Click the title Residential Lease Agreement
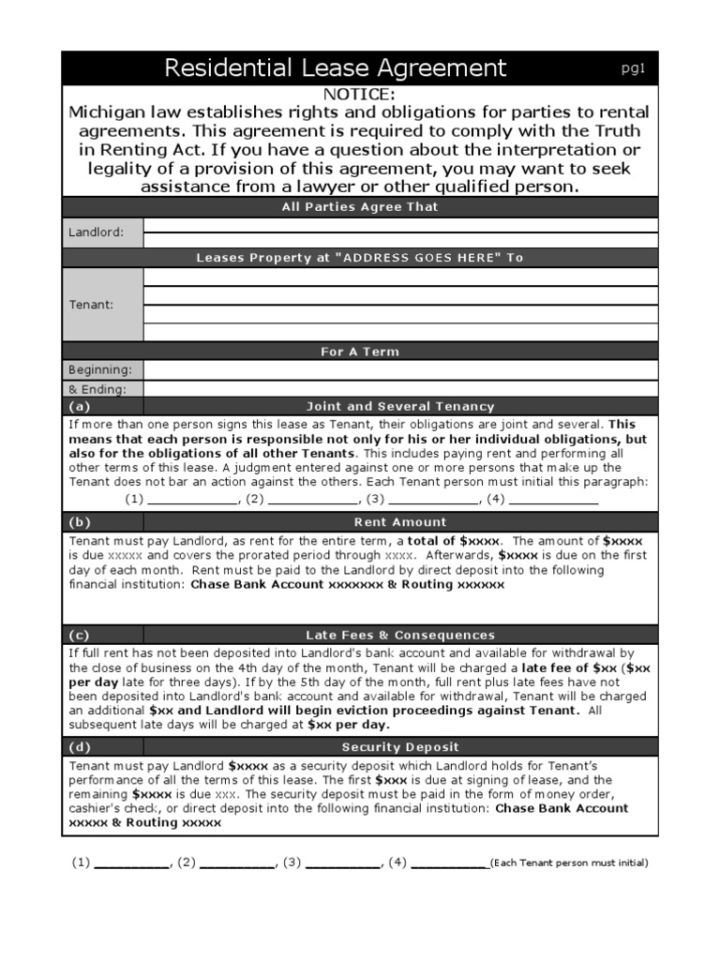[x=335, y=67]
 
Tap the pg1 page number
[x=634, y=67]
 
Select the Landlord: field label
[x=96, y=232]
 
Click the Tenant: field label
[x=91, y=304]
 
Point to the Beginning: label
[x=100, y=369]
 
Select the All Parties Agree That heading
[x=359, y=206]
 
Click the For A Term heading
[x=359, y=352]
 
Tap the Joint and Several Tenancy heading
[x=400, y=407]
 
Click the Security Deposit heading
[x=400, y=747]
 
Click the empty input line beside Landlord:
[x=400, y=225]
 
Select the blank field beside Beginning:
[x=400, y=369]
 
